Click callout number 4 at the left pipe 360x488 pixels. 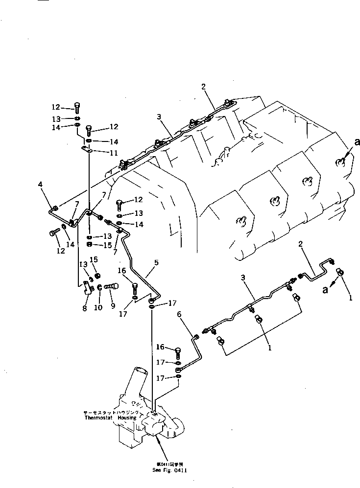tap(41, 185)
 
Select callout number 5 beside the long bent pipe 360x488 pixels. tap(156, 262)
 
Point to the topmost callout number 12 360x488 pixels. tap(55, 107)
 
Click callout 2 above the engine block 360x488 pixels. tap(202, 87)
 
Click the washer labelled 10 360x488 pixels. tap(99, 287)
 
